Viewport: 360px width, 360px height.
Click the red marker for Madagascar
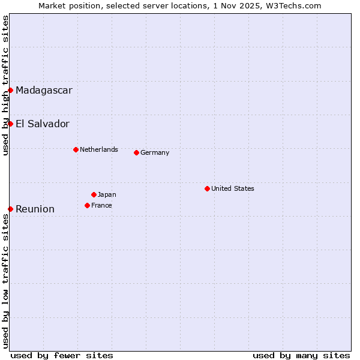pos(11,90)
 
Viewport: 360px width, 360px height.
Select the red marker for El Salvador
pos(11,124)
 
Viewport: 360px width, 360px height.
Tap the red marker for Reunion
pos(11,209)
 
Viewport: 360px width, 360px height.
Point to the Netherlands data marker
pos(76,149)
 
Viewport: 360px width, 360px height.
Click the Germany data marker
pos(136,152)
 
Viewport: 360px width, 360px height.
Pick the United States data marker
pos(207,188)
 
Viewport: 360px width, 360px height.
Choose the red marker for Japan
pos(94,194)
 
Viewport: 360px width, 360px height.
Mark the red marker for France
pos(87,205)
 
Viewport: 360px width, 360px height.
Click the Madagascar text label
pos(44,91)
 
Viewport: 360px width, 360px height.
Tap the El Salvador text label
pos(43,124)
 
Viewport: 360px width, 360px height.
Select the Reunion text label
pos(35,209)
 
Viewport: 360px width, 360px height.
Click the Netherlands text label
pos(99,149)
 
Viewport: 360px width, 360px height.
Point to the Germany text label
pos(155,152)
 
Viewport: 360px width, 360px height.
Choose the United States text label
pos(233,188)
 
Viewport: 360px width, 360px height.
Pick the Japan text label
pos(107,194)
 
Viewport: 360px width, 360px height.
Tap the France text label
pos(101,205)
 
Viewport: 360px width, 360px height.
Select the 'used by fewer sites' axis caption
pos(62,355)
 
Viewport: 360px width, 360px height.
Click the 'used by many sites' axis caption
pos(301,355)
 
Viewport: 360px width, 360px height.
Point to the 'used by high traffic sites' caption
pos(5,85)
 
